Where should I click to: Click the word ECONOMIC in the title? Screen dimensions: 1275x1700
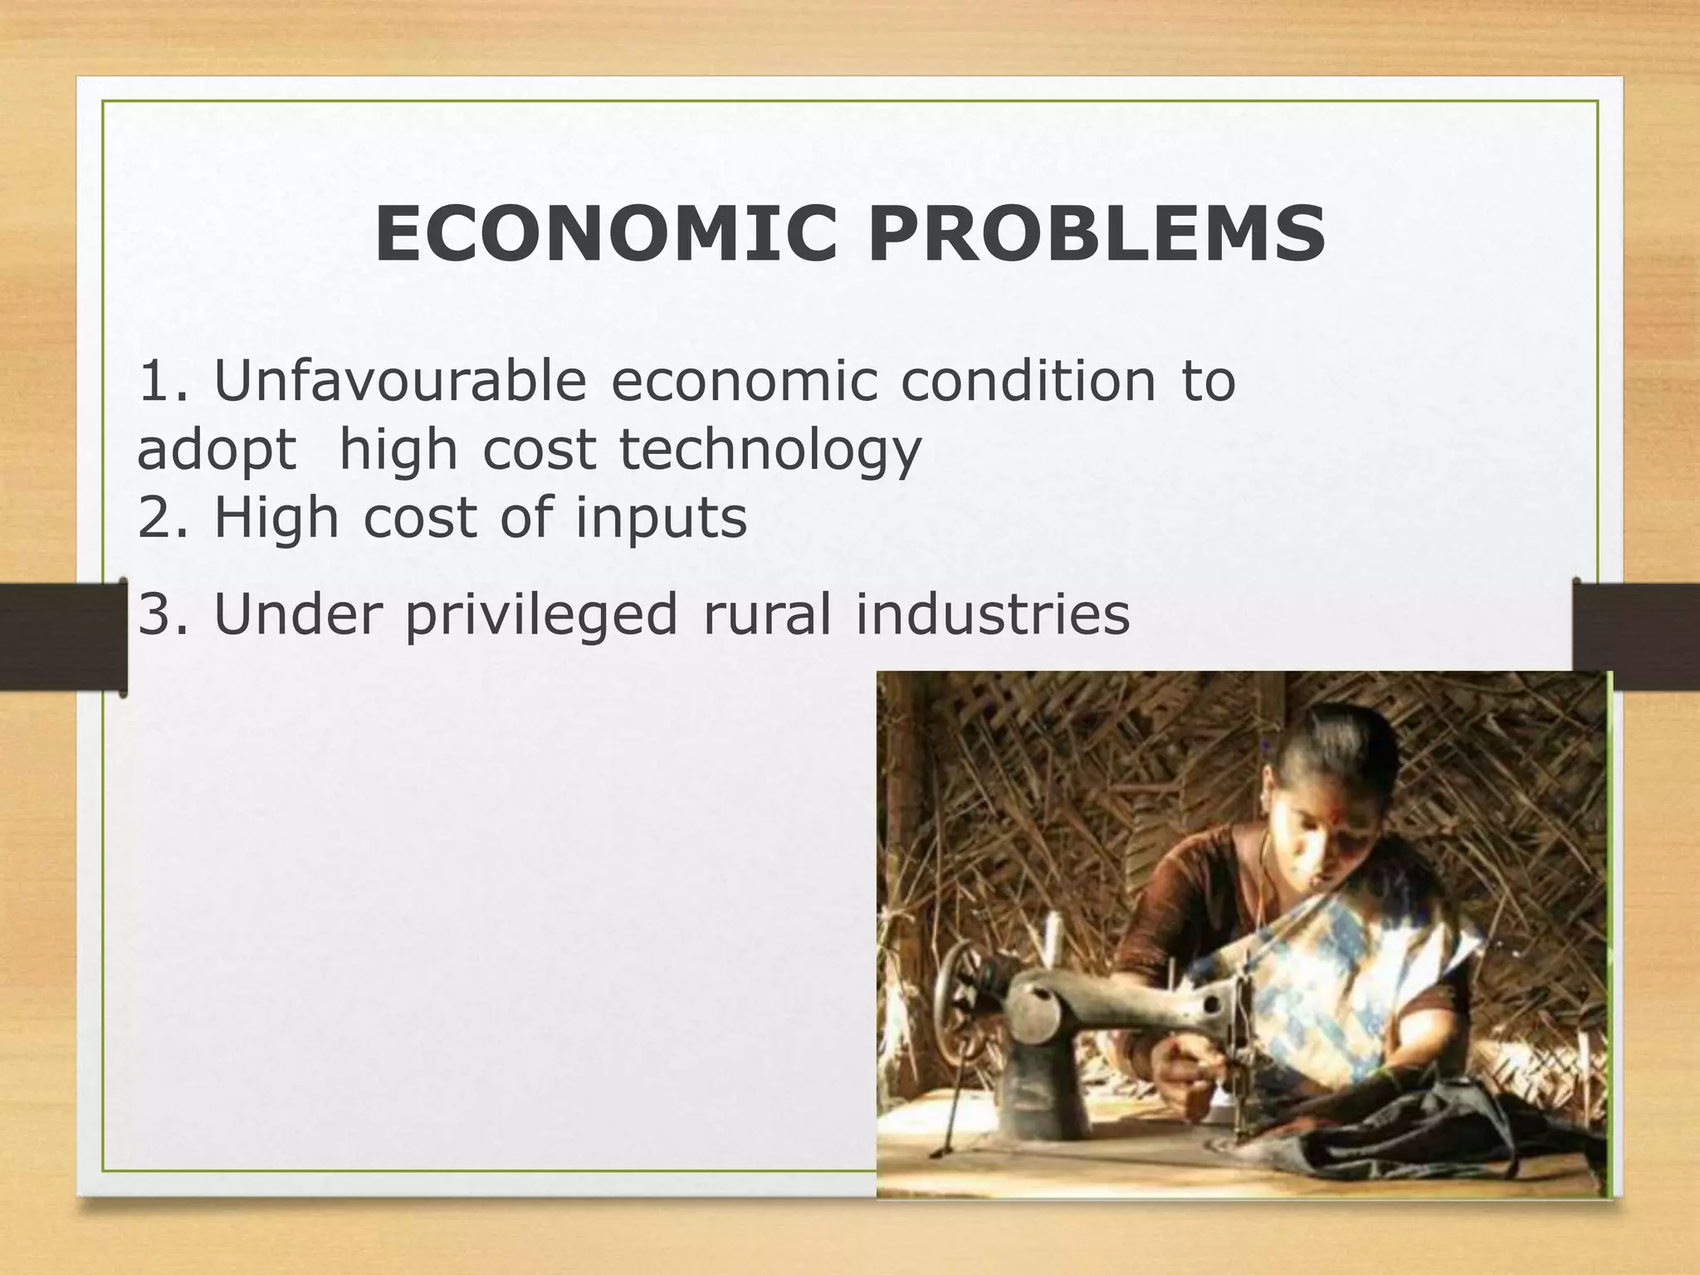coord(605,234)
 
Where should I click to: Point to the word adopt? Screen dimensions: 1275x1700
coord(217,451)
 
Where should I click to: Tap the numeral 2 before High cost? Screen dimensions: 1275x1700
coord(154,518)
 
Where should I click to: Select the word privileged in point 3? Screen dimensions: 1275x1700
coord(541,616)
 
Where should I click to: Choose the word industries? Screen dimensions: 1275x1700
coord(993,614)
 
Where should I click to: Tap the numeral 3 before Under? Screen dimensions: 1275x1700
coord(154,614)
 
